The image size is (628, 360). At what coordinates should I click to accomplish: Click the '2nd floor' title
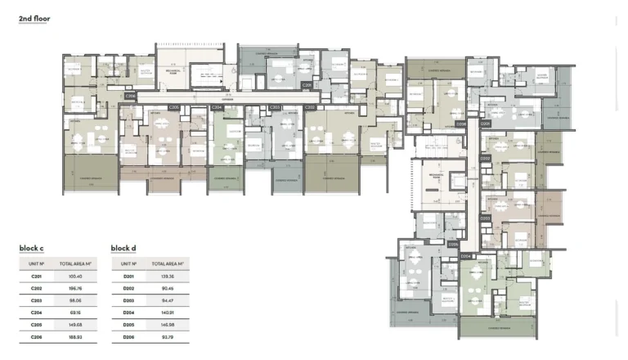pyautogui.click(x=35, y=17)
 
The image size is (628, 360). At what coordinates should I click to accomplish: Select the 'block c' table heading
pyautogui.click(x=32, y=248)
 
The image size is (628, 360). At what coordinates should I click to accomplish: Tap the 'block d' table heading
pyautogui.click(x=124, y=248)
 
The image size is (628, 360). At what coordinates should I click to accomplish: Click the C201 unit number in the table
pyautogui.click(x=36, y=277)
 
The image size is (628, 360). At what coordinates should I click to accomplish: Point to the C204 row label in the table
pyautogui.click(x=36, y=312)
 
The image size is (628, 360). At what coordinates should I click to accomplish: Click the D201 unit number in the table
pyautogui.click(x=128, y=277)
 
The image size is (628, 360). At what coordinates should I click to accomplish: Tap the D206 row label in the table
pyautogui.click(x=128, y=335)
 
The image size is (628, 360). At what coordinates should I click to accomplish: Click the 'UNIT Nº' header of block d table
pyautogui.click(x=128, y=264)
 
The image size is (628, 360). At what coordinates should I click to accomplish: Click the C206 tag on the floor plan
pyautogui.click(x=131, y=95)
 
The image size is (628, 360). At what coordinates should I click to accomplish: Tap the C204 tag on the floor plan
pyautogui.click(x=217, y=107)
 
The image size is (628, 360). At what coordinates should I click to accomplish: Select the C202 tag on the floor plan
pyautogui.click(x=309, y=107)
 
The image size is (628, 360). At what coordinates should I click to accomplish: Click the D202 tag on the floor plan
pyautogui.click(x=485, y=158)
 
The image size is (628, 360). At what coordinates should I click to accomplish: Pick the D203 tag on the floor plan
pyautogui.click(x=485, y=218)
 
